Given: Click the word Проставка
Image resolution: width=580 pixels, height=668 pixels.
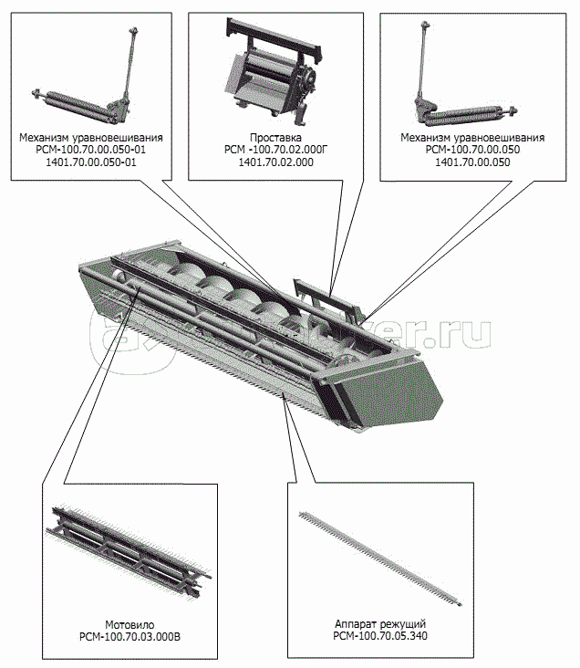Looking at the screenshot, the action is click(275, 138).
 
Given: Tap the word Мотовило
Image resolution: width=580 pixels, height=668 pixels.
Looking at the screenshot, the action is click(129, 625).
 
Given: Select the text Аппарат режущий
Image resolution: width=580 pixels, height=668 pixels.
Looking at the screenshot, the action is click(380, 624).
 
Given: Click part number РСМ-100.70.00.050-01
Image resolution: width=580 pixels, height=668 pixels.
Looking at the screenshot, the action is click(91, 150).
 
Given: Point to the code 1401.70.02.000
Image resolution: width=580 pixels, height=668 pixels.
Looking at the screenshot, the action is click(275, 162).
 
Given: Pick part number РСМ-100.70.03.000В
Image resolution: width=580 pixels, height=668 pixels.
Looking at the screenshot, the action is click(129, 637).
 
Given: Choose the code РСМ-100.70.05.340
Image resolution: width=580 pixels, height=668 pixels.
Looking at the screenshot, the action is click(380, 636).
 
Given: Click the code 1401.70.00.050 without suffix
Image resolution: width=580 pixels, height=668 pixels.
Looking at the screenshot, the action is click(472, 162).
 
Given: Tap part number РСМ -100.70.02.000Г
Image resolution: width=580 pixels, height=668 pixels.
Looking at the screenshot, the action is click(276, 150).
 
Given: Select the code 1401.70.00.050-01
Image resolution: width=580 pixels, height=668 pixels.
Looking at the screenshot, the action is click(91, 162).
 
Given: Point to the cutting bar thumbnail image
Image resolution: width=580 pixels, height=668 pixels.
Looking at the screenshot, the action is click(380, 558).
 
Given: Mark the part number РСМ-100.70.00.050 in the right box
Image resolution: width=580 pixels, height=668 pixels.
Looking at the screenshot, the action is click(472, 150).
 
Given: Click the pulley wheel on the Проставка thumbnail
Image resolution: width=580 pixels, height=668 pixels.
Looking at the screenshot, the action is click(309, 78).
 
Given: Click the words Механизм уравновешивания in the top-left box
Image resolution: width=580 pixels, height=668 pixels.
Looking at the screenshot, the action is click(91, 138).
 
